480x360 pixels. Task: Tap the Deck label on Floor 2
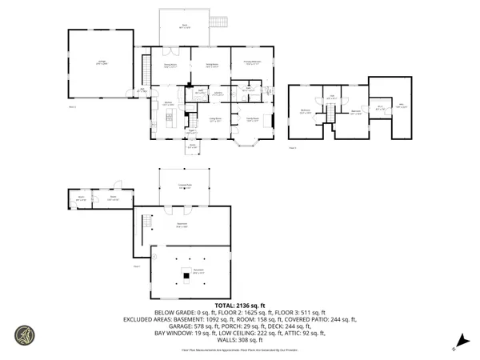(x=183, y=26)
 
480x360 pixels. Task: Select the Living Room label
(x=215, y=119)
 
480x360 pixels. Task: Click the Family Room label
(x=252, y=119)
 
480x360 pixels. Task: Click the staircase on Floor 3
(x=328, y=118)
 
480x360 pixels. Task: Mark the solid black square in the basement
(x=185, y=277)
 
